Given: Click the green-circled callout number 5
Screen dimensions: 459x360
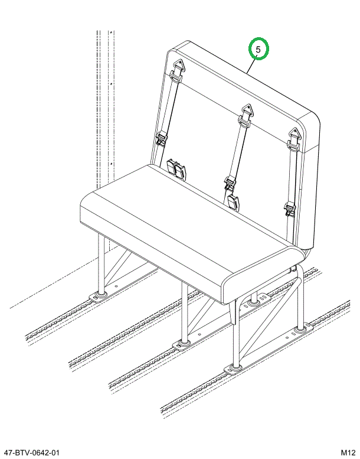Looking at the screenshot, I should point(258,50).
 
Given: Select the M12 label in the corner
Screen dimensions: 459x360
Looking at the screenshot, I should point(346,452).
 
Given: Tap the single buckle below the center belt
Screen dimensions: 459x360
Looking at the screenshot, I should point(233,203).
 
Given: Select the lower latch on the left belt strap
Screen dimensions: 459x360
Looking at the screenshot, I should point(161,139).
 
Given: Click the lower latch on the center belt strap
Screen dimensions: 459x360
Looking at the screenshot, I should point(228,183).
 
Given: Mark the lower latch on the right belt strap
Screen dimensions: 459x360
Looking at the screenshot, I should point(289,207).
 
